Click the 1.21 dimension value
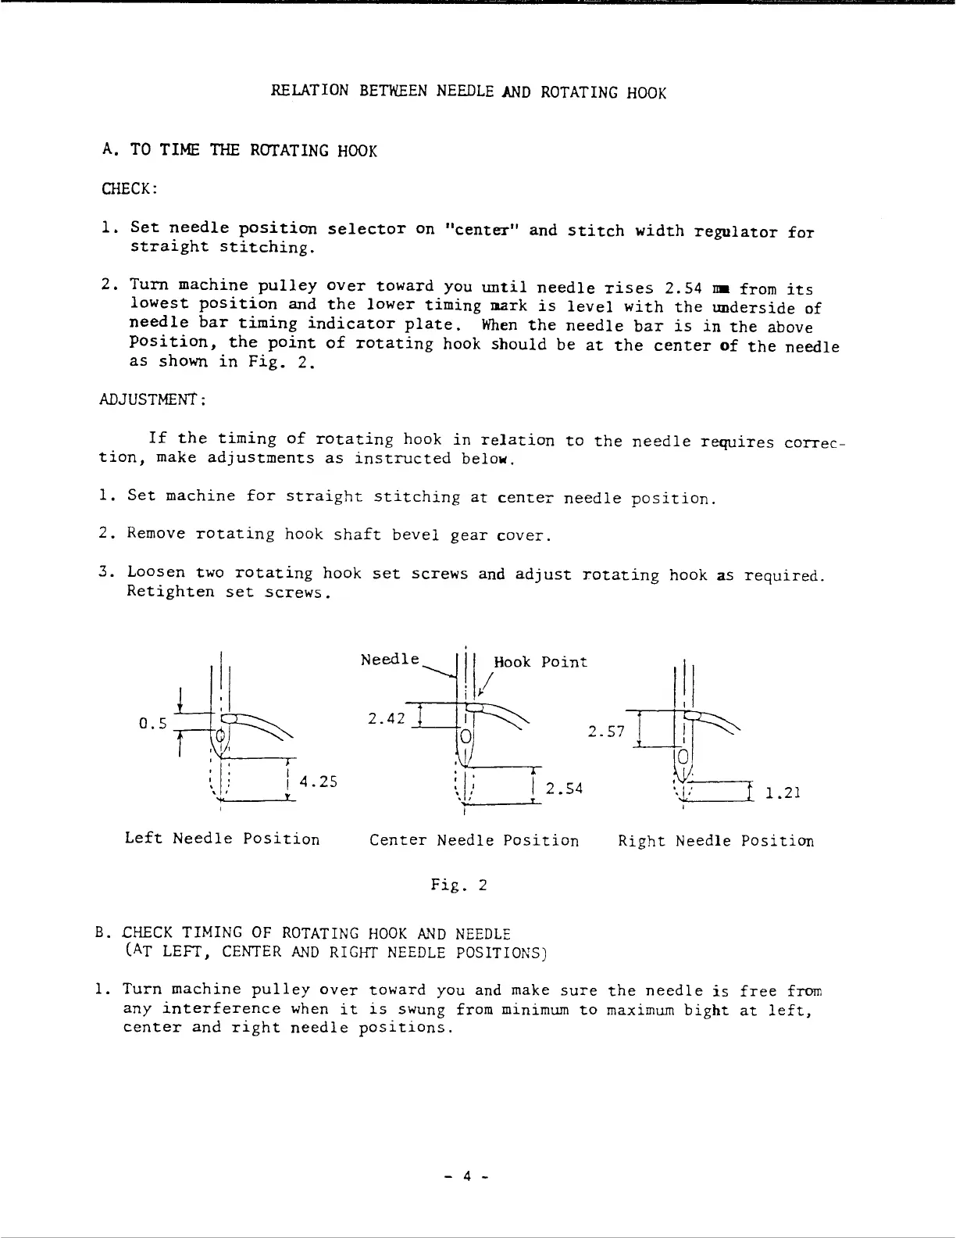tap(783, 793)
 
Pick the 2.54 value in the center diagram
tap(565, 789)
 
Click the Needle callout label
tap(390, 660)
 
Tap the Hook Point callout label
tap(540, 662)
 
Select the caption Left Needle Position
tap(223, 839)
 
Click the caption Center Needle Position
tap(474, 841)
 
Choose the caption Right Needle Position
tap(715, 841)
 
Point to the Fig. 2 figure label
tap(459, 886)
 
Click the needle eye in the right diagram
tap(683, 757)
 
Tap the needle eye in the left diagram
tap(221, 735)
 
